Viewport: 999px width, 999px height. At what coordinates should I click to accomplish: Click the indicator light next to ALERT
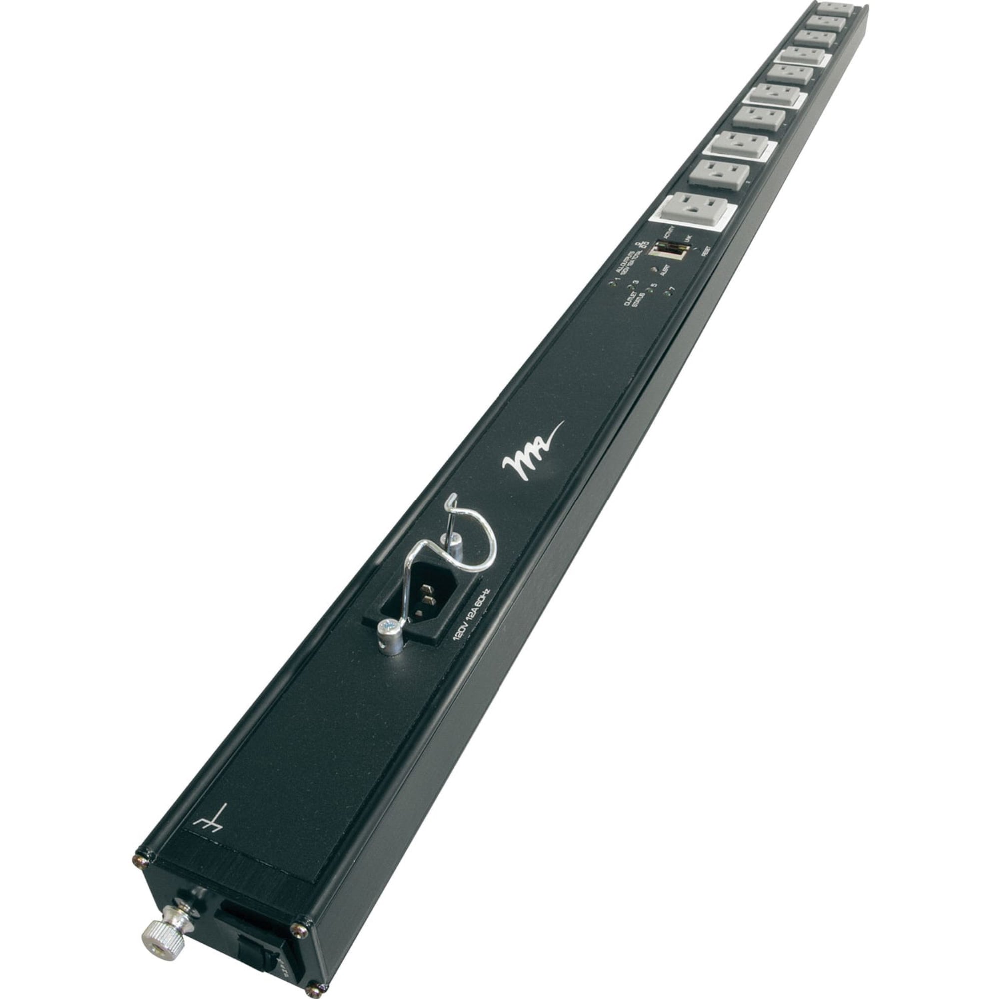click(655, 268)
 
